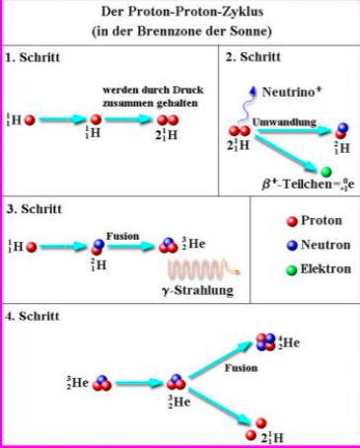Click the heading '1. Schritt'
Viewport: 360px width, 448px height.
coord(33,57)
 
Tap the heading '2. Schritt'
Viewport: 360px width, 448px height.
coord(253,57)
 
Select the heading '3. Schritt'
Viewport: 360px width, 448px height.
coord(35,209)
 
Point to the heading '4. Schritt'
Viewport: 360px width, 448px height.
coord(33,316)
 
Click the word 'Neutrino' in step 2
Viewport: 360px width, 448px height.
coord(288,92)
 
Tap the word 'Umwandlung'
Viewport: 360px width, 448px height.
coord(284,122)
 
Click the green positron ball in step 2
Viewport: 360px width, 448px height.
coord(325,172)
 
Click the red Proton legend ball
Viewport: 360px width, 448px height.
coord(292,222)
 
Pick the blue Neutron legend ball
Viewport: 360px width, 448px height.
coord(292,246)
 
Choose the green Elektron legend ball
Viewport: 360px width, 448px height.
coord(292,270)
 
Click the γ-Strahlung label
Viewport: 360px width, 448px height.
coord(198,290)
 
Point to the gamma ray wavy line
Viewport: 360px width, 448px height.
coord(204,268)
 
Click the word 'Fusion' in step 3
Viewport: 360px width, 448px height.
coord(122,236)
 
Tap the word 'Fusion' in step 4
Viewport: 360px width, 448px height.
coord(241,368)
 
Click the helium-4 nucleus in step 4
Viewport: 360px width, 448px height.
coord(265,342)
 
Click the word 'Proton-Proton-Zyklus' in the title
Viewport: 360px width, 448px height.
coord(196,12)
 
